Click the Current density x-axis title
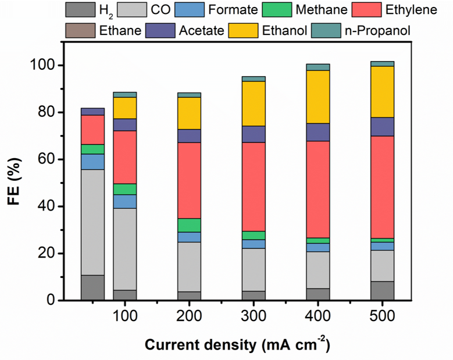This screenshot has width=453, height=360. pos(237,345)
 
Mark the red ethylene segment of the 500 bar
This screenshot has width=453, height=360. pos(381,187)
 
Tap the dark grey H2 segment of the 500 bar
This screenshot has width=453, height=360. pos(381,291)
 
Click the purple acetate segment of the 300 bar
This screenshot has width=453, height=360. pos(254,134)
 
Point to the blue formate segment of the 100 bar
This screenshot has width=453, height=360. pos(124,201)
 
